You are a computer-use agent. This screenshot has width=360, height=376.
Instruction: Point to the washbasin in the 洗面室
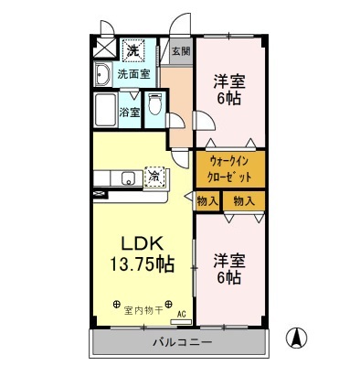pyautogui.click(x=102, y=72)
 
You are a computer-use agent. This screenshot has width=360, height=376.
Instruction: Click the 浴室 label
pyautogui.click(x=131, y=113)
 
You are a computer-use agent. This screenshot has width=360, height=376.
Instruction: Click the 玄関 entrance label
pyautogui.click(x=179, y=50)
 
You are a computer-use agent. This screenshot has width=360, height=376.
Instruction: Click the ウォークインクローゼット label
pyautogui.click(x=228, y=170)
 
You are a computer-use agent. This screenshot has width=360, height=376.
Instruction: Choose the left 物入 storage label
pyautogui.click(x=206, y=200)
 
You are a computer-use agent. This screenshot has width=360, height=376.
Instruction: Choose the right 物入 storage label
pyautogui.click(x=243, y=200)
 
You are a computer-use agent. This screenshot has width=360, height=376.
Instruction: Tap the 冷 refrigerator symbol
pyautogui.click(x=156, y=174)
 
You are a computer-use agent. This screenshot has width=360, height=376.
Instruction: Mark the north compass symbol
pyautogui.click(x=297, y=337)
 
